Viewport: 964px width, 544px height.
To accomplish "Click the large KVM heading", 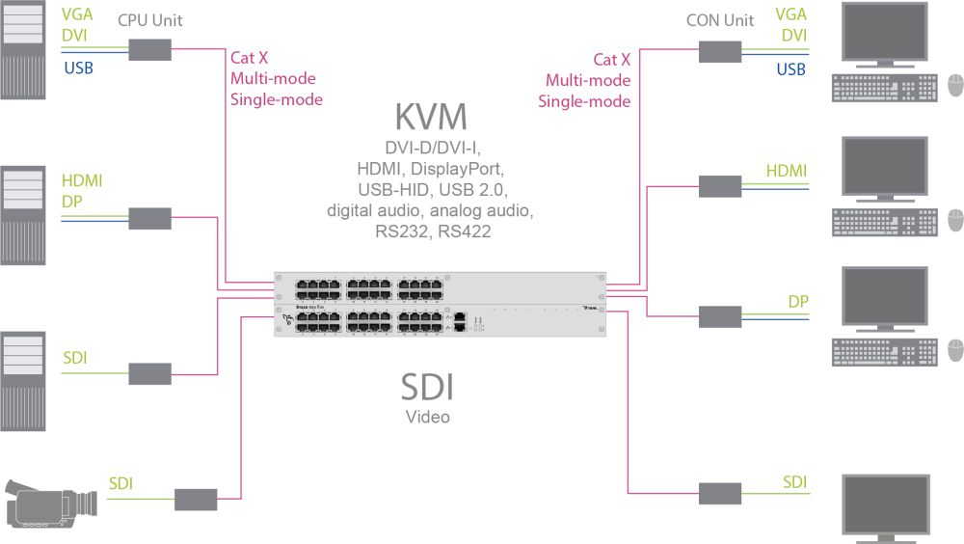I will coord(431,117).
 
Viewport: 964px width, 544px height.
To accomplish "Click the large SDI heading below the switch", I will coord(427,388).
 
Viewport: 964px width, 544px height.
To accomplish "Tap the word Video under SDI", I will coord(427,418).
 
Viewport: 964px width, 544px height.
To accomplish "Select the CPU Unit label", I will coord(149,20).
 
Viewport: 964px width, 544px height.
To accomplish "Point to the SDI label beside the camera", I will coord(120,482).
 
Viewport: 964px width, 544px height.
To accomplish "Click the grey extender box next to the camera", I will coord(196,500).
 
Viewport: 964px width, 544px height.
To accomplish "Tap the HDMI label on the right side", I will coord(787,171).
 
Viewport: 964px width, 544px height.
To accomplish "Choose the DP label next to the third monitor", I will coord(797,302).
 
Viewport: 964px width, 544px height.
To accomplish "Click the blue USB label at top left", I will coord(78,68).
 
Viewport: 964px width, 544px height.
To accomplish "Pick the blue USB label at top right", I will coord(790,69).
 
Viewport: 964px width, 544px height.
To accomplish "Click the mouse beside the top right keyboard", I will coord(955,86).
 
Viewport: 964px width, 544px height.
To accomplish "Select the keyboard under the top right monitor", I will coord(882,87).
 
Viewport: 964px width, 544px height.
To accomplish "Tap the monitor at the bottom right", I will coord(885,507).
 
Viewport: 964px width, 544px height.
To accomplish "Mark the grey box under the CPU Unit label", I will coord(150,49).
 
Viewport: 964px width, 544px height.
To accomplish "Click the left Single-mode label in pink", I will coord(276,99).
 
